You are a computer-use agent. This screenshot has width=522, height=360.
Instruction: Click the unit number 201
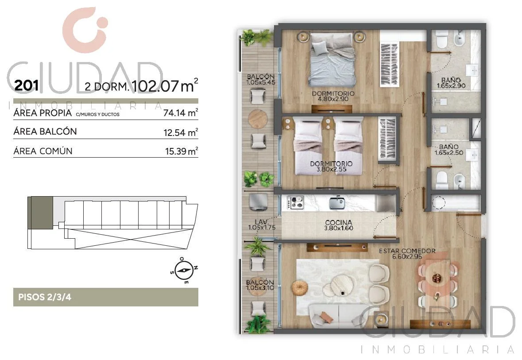27,85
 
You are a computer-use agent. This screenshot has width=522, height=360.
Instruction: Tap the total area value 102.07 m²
165,85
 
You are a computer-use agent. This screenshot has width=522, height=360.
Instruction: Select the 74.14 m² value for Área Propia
181,112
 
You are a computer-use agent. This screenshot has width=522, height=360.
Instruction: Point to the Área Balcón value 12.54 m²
181,132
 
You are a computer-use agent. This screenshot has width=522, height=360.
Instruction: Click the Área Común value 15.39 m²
182,151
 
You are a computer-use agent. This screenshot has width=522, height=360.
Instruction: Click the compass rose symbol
184,270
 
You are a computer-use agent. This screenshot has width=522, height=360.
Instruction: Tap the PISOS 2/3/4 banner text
45,297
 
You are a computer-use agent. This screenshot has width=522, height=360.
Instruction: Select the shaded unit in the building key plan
40,213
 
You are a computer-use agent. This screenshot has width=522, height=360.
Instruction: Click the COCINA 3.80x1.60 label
339,225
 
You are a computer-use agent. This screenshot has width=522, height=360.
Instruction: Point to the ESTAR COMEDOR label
407,251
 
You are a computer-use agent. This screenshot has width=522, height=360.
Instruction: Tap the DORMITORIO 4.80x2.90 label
333,96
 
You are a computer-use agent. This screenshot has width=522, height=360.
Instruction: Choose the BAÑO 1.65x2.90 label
451,83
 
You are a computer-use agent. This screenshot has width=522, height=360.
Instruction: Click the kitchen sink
337,202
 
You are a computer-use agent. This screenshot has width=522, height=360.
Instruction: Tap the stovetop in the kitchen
295,202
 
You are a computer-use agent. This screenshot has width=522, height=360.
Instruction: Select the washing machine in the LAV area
258,202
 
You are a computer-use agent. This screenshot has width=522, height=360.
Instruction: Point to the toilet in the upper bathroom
442,39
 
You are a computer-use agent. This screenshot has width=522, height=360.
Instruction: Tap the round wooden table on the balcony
258,119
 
